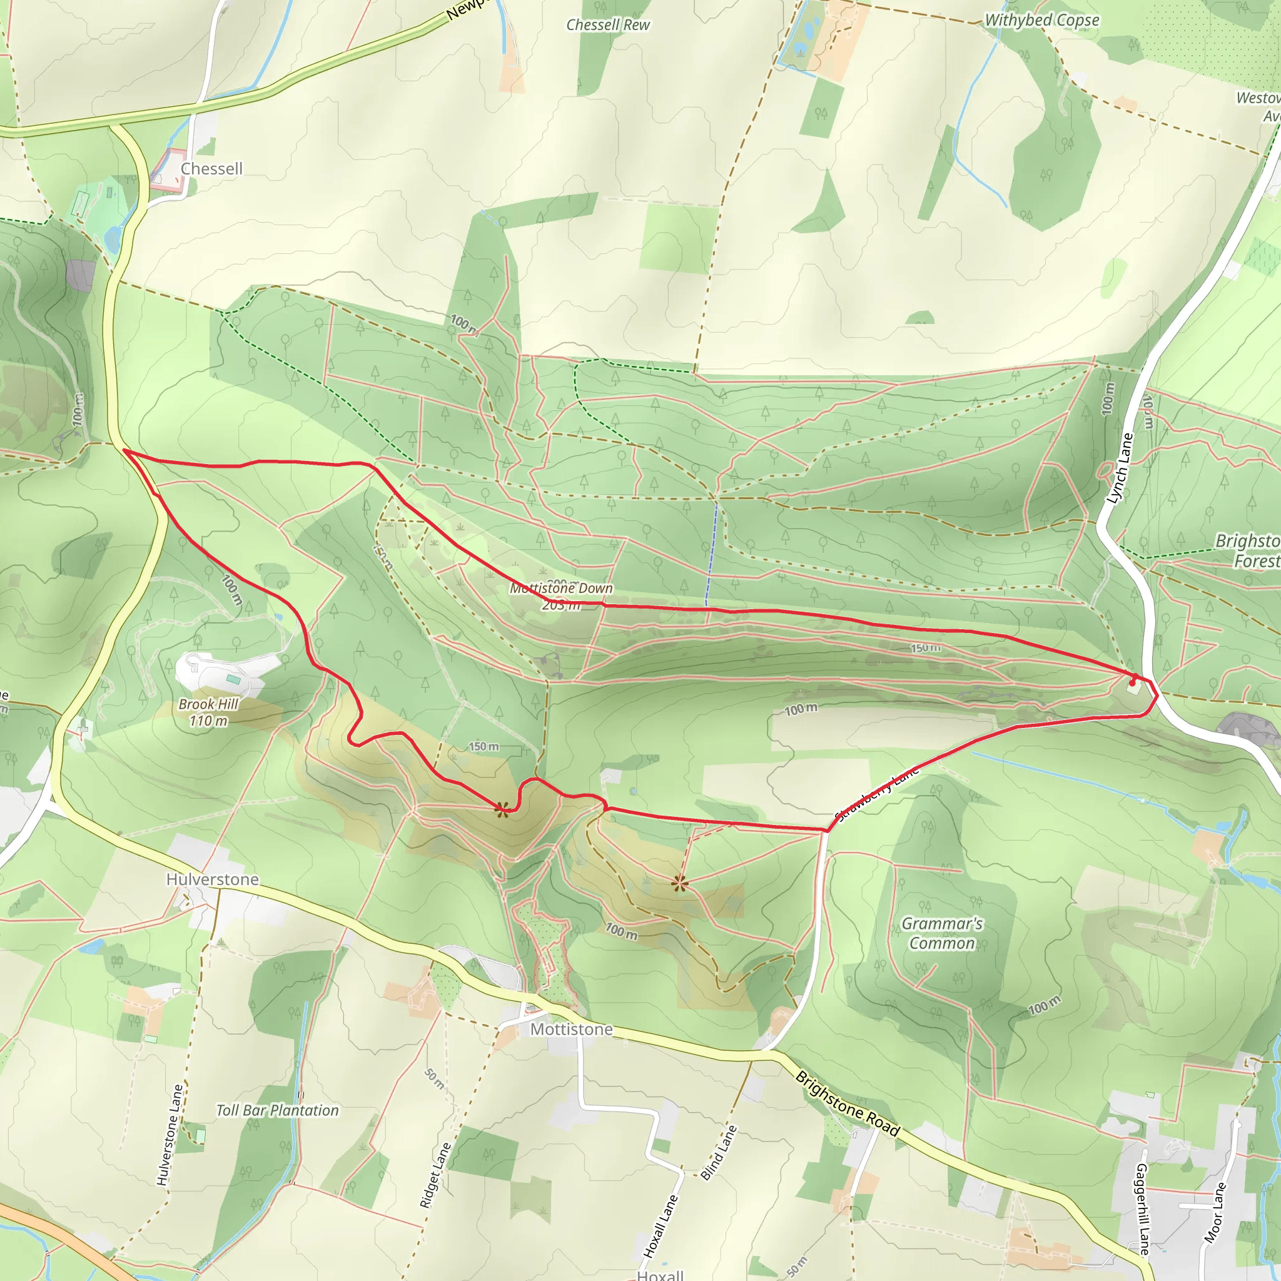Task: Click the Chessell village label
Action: coord(211,169)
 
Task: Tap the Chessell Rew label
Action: coord(607,25)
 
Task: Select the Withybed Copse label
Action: coord(1041,21)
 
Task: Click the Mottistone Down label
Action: coord(561,588)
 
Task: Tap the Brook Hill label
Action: coord(208,704)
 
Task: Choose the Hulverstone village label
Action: coord(212,879)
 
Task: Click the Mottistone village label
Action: coord(572,1029)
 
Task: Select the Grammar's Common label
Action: coord(942,933)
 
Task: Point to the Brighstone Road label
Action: coord(848,1103)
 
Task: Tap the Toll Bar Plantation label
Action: coord(277,1110)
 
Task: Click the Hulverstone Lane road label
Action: coord(170,1135)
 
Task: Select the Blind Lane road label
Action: coord(719,1152)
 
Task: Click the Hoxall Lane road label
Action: coord(661,1226)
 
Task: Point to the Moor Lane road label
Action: coord(1215,1212)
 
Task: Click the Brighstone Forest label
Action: coord(1250,550)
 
